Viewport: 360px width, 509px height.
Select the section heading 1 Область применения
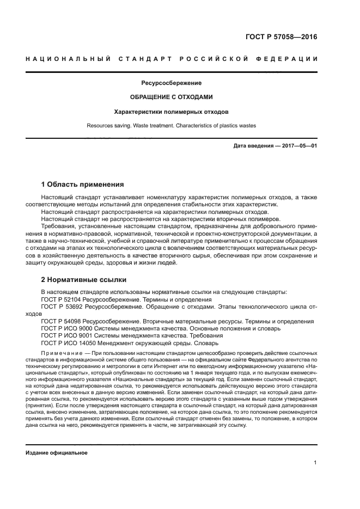point(83,185)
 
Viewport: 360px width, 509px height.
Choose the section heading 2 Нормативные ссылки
point(84,280)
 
